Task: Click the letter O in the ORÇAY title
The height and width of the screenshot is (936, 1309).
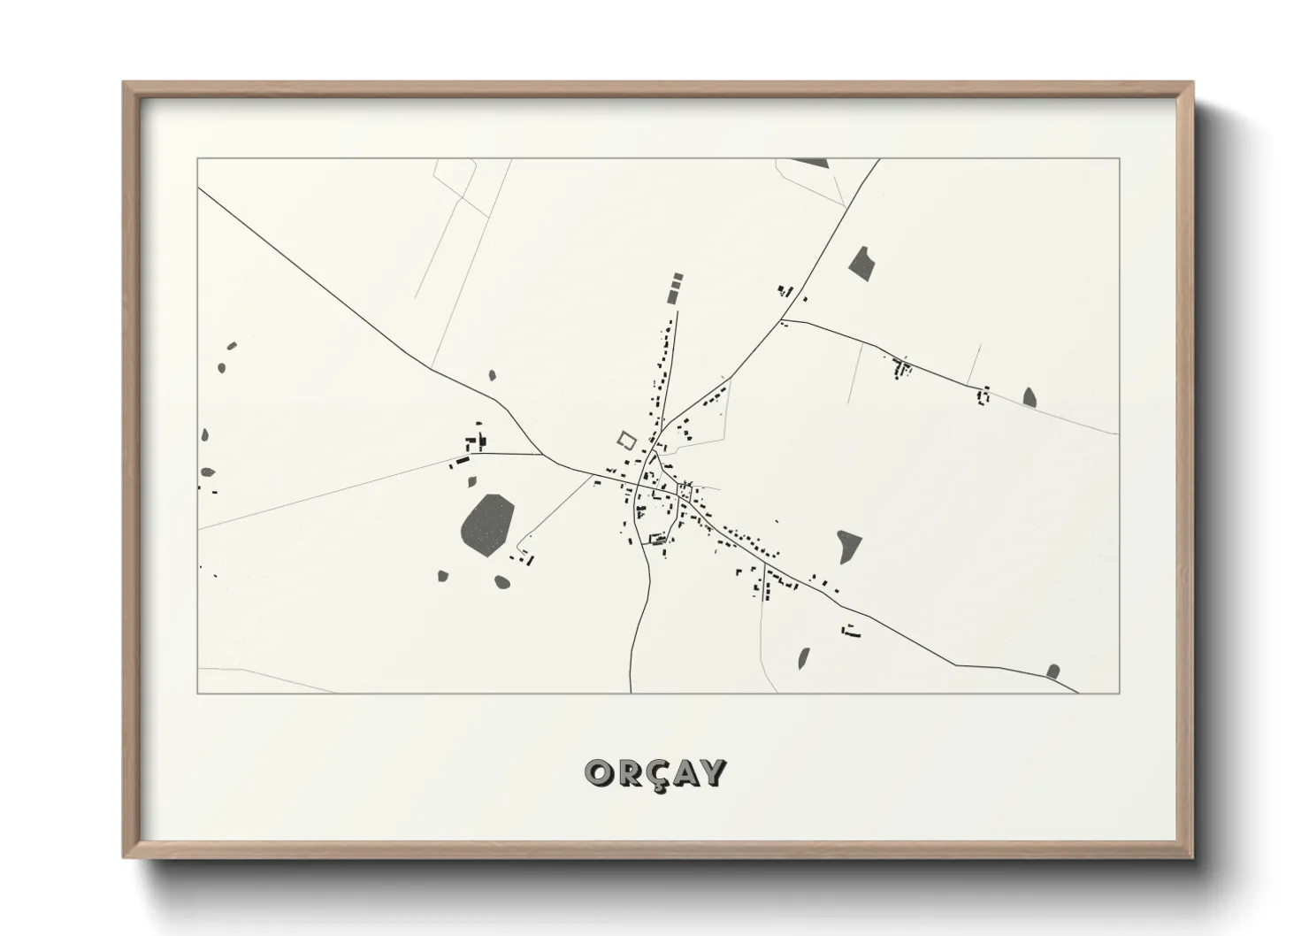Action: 598,773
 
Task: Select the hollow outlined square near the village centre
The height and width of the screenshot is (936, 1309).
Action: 626,439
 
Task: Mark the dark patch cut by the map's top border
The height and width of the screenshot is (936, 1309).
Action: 809,163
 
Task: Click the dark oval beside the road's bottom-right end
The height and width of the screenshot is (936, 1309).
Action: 1053,671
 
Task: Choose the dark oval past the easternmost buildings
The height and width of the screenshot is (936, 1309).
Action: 1030,397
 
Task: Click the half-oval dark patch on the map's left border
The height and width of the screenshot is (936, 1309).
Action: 204,435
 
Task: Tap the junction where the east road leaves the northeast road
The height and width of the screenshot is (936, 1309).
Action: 783,320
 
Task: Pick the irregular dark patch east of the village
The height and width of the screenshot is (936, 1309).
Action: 848,545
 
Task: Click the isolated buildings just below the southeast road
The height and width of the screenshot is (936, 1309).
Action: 852,631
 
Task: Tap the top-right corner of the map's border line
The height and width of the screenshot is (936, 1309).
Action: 1119,159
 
